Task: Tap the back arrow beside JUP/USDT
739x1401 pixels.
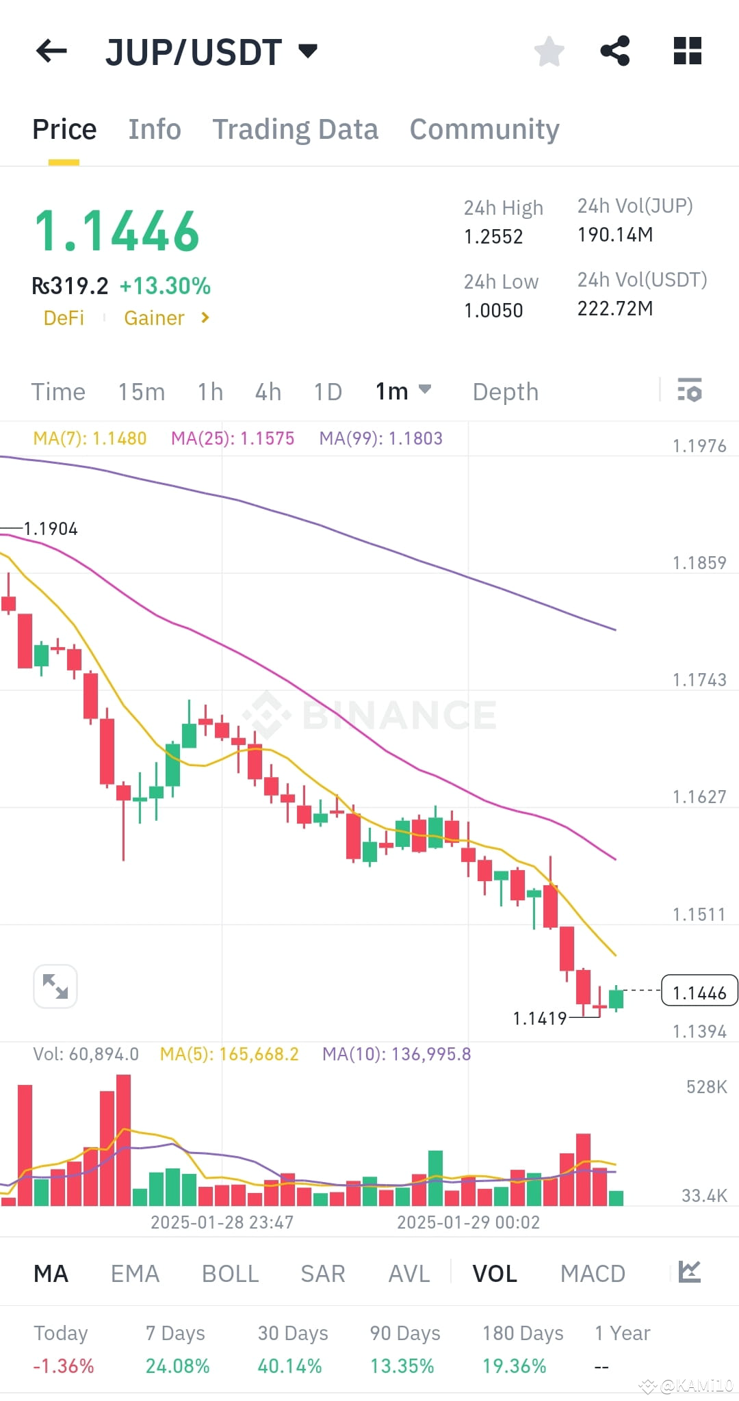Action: (51, 51)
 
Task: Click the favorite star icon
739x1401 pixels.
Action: (549, 51)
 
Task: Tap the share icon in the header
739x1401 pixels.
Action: (614, 51)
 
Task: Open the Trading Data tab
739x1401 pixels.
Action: (295, 129)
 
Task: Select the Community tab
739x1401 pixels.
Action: (484, 129)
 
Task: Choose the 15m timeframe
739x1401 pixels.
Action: (142, 392)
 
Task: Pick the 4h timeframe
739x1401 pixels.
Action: (268, 392)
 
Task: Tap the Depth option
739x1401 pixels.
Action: (506, 392)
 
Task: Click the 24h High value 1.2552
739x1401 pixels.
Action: (493, 237)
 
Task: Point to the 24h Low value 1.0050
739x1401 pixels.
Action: (493, 311)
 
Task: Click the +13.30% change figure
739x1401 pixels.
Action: (165, 286)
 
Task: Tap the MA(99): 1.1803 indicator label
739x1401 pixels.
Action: (381, 438)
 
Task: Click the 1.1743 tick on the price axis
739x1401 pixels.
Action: (699, 680)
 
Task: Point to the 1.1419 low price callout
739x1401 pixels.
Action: (540, 1019)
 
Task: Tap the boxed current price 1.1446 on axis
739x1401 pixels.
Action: (699, 993)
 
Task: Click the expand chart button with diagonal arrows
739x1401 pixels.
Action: (55, 986)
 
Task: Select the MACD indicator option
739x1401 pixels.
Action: (593, 1274)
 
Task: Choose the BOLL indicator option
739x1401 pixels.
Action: (230, 1274)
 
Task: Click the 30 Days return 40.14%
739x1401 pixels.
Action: (289, 1366)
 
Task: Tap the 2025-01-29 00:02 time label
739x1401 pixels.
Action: (468, 1222)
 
